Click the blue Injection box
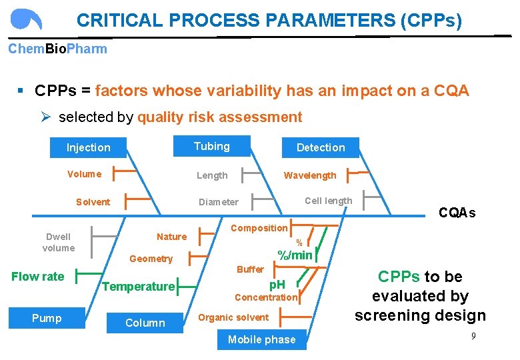tap(89, 147)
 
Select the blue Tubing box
tap(211, 147)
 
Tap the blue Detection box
tap(321, 147)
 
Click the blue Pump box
tap(47, 318)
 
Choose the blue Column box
tap(145, 323)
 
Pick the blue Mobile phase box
tap(261, 339)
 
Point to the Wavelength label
tap(310, 175)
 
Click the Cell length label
tap(328, 201)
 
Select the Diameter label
tap(218, 202)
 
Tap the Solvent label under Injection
tap(93, 202)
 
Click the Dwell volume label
tap(58, 242)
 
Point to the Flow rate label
tap(38, 277)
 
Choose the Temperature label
tap(138, 287)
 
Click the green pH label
tap(277, 285)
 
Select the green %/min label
tap(295, 255)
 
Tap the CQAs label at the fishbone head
tap(457, 213)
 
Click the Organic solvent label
tap(233, 317)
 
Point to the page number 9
tap(473, 336)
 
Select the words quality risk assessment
tap(219, 117)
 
